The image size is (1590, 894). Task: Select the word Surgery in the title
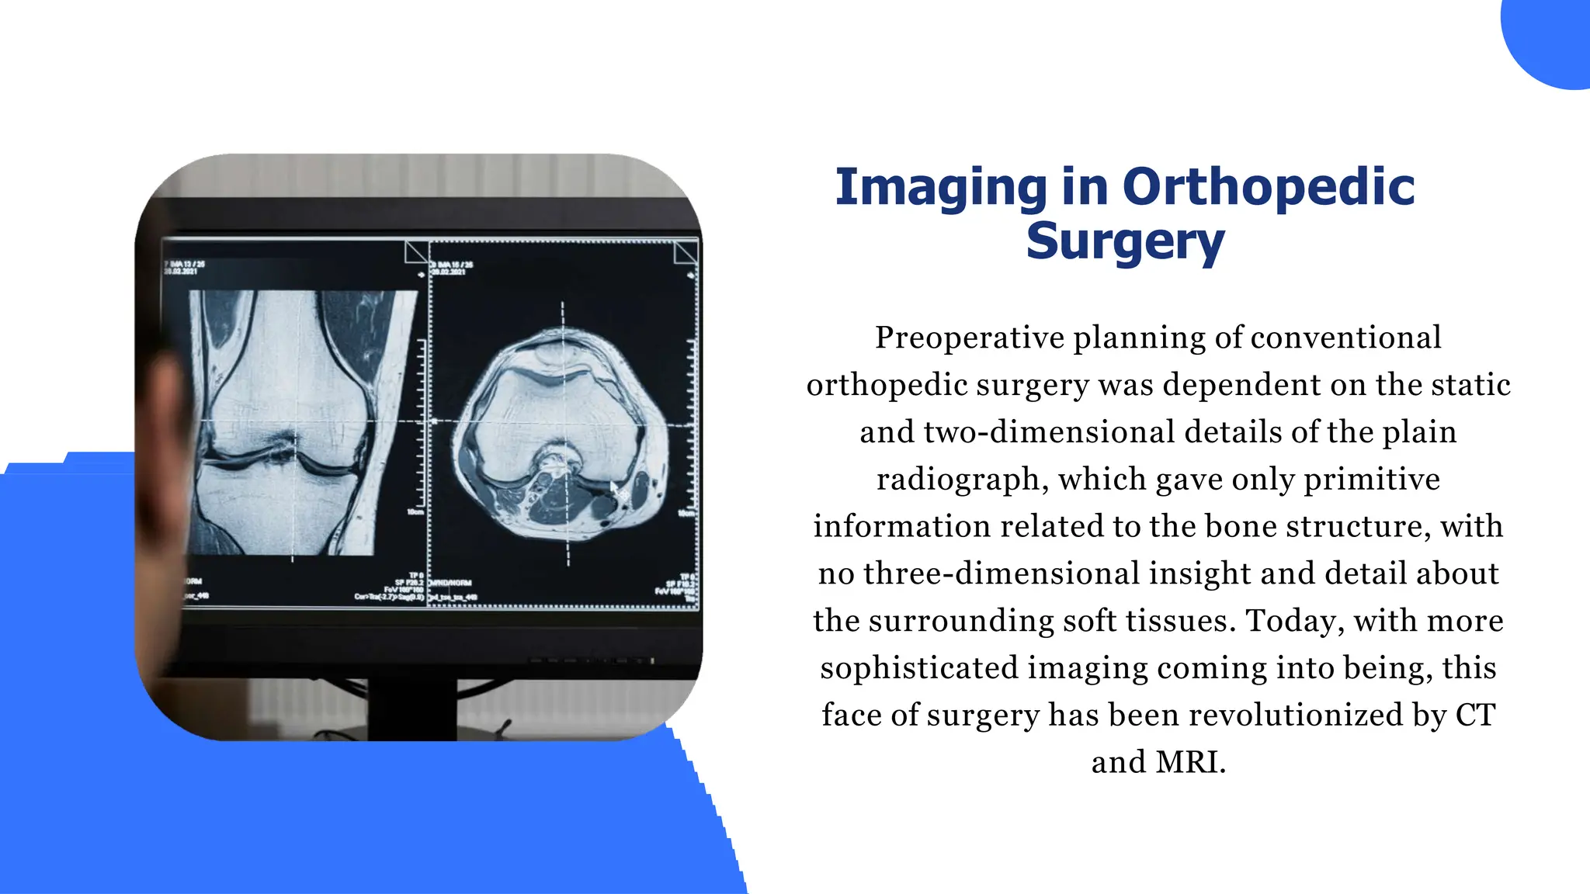tap(1125, 242)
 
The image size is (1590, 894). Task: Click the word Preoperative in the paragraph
tap(970, 338)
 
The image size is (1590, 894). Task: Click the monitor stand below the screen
tap(411, 706)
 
